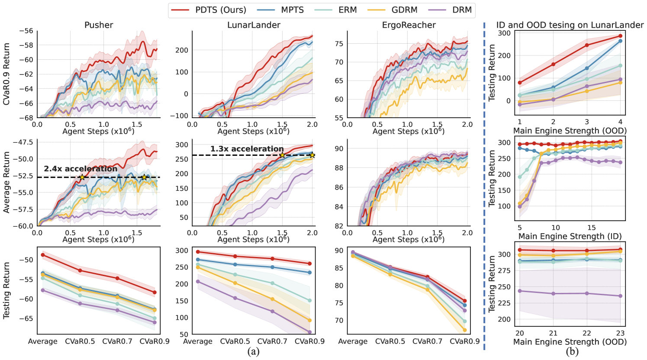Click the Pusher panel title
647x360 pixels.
(x=99, y=25)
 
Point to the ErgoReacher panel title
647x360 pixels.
(x=409, y=25)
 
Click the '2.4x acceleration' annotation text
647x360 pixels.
(x=80, y=169)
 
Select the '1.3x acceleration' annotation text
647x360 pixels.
(x=247, y=149)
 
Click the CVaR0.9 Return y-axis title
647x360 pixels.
(x=7, y=73)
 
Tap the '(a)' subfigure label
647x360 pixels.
(x=253, y=351)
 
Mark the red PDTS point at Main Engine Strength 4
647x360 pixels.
(x=620, y=36)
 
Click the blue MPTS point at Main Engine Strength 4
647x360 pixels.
(x=620, y=41)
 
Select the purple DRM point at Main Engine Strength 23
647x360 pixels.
(x=620, y=296)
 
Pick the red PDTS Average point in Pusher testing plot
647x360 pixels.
(x=43, y=255)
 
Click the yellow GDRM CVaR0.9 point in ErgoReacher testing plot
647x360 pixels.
(x=465, y=330)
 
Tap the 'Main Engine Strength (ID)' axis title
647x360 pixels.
(x=570, y=236)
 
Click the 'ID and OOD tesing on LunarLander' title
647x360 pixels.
(x=570, y=25)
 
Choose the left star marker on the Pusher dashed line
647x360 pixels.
(x=82, y=177)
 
